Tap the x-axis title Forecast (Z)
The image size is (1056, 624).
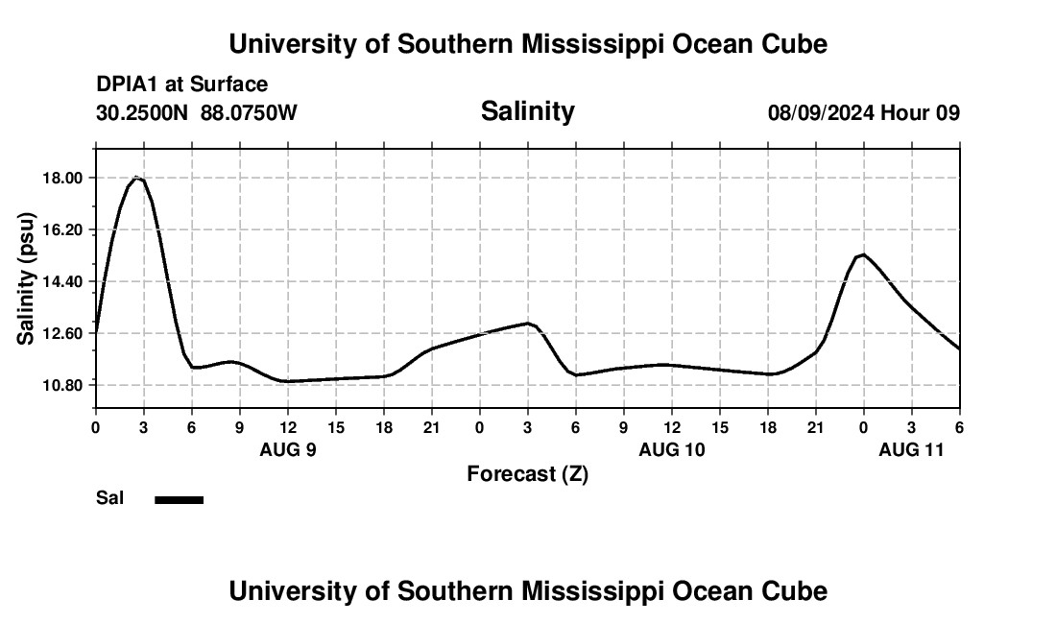click(x=527, y=473)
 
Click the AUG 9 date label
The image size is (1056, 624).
click(x=288, y=449)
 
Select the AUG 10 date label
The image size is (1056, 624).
click(x=672, y=449)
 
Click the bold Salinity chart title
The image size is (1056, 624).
click(x=527, y=111)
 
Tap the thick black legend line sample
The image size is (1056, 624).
click(x=180, y=499)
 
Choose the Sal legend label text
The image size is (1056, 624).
click(x=110, y=498)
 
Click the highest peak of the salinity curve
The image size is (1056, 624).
click(x=137, y=178)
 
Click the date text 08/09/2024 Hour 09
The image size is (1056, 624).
click(x=863, y=113)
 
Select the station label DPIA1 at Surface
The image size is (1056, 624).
click(x=182, y=84)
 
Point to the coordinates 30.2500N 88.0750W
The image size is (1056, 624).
click(x=197, y=113)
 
